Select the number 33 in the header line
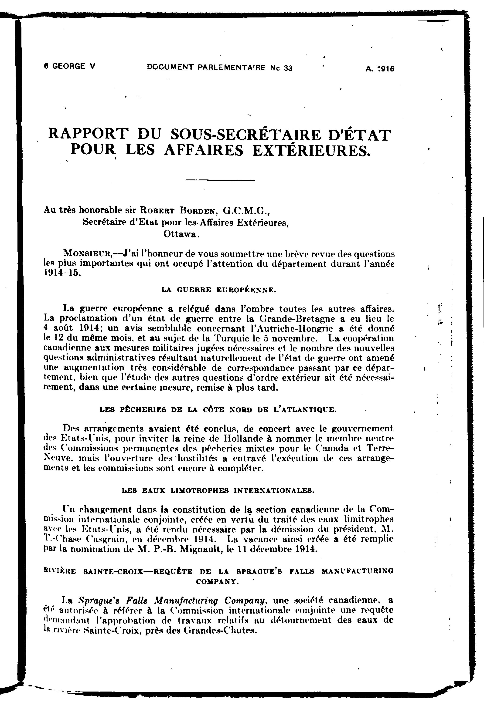point(288,68)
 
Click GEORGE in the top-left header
point(69,66)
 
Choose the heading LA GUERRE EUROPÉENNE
point(219,290)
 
